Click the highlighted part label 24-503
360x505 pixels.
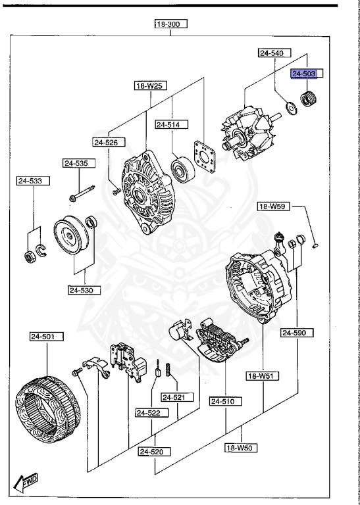305,74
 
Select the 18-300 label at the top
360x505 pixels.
170,24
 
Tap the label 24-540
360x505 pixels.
271,52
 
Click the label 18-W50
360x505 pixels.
240,448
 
